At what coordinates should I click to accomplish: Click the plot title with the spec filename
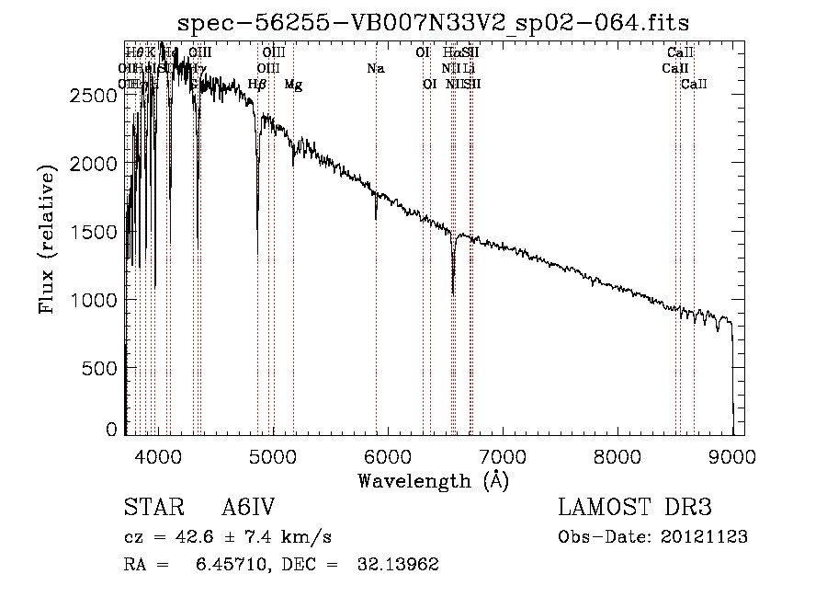click(x=433, y=22)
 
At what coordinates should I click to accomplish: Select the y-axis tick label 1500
click(x=95, y=232)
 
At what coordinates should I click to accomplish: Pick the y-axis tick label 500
click(x=103, y=368)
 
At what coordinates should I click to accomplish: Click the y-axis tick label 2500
click(x=95, y=95)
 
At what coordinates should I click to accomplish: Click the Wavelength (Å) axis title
click(x=433, y=480)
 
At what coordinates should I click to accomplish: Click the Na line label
click(x=375, y=69)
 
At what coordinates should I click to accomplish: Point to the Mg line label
click(x=293, y=85)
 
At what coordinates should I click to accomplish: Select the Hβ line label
click(x=257, y=85)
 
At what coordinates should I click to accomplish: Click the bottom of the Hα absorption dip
click(x=453, y=293)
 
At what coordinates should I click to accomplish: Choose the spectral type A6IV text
click(x=248, y=509)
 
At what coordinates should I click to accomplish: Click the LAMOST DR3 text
click(x=635, y=509)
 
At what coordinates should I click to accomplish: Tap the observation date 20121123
click(x=706, y=537)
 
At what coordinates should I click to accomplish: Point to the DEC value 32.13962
click(x=397, y=565)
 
